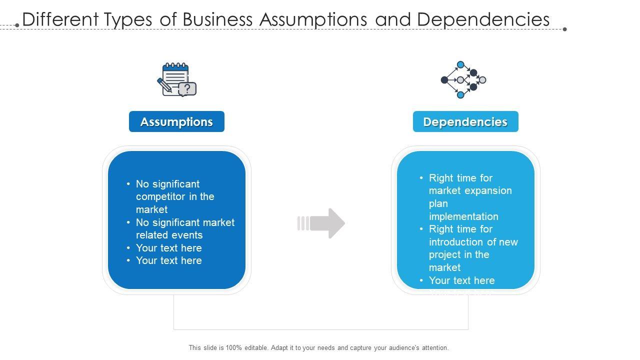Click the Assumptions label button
click(x=176, y=121)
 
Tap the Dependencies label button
click(x=465, y=121)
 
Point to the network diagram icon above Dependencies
click(x=463, y=79)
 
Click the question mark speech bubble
click(x=187, y=89)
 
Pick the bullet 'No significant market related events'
click(x=185, y=228)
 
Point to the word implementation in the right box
click(x=463, y=216)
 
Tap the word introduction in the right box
click(x=454, y=242)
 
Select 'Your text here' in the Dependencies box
click(x=461, y=280)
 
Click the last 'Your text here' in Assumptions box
click(x=169, y=260)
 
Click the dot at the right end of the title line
click(x=565, y=29)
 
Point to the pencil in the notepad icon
click(x=164, y=85)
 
